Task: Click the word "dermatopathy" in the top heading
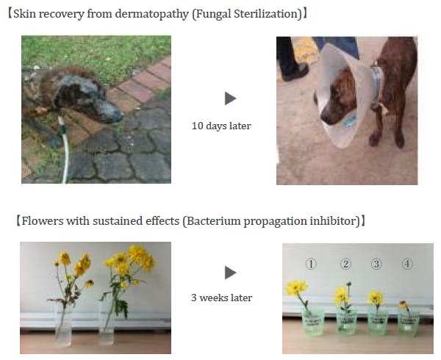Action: pos(151,14)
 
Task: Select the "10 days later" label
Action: pos(221,126)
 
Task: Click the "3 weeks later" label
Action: pos(222,298)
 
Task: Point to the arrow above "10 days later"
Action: pos(230,98)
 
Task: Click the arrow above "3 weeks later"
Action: pos(230,273)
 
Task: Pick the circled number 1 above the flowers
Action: pos(311,264)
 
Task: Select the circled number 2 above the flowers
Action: pos(345,264)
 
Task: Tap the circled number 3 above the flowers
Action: pos(376,264)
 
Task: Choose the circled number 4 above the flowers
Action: pos(407,264)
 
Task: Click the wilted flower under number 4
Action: pos(404,305)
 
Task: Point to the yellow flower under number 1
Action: pos(296,287)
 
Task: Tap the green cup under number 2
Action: pos(346,322)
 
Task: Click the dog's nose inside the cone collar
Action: pos(324,118)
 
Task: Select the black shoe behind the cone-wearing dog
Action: pos(295,72)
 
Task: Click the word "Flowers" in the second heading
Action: pos(43,221)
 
